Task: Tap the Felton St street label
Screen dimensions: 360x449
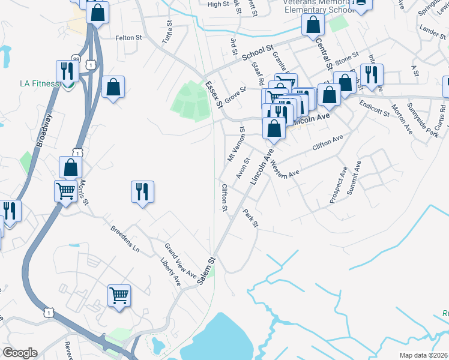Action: pos(128,37)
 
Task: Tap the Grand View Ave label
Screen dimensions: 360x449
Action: pos(181,260)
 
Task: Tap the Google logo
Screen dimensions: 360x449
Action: pos(20,353)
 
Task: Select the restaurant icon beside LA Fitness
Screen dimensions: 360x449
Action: pos(67,71)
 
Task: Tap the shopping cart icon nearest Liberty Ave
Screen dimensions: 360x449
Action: pos(119,295)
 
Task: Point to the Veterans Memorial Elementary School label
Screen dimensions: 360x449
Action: pos(300,6)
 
